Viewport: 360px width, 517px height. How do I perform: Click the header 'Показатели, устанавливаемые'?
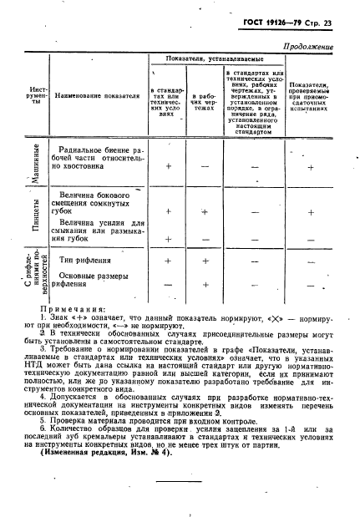(x=213, y=60)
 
